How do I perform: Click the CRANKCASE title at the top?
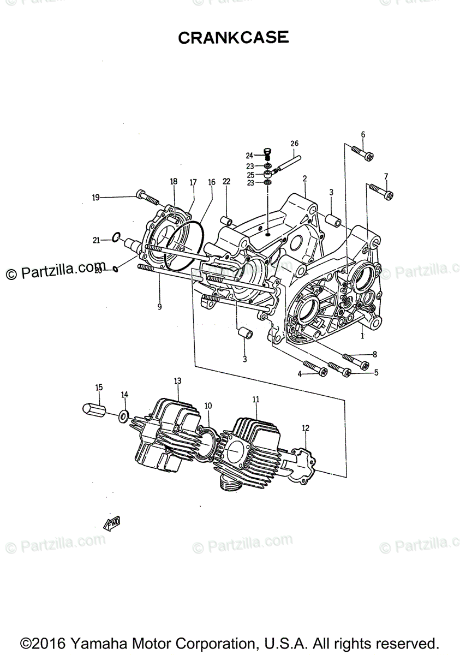(x=233, y=38)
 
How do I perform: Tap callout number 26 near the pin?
(x=294, y=144)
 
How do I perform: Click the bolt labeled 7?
(x=382, y=190)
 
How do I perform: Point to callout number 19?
(x=96, y=198)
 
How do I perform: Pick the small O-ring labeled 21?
(x=116, y=237)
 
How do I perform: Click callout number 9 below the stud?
(x=159, y=307)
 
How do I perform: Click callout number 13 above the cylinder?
(x=177, y=380)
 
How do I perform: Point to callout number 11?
(x=255, y=400)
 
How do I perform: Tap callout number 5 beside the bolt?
(x=376, y=373)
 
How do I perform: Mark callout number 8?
(x=375, y=354)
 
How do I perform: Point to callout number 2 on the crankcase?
(x=304, y=178)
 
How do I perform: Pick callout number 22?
(x=226, y=182)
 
